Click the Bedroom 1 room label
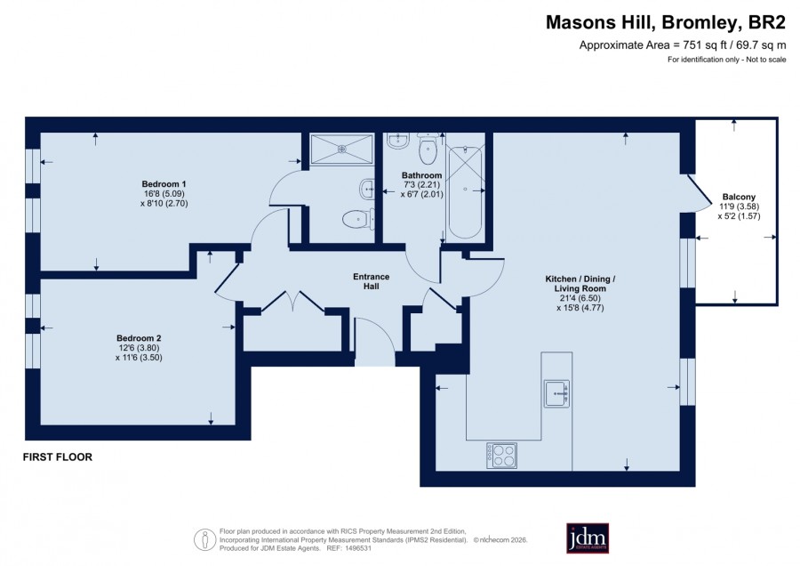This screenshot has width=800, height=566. tap(164, 184)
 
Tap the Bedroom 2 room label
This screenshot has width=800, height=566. tap(139, 338)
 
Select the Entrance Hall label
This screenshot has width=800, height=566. tap(371, 281)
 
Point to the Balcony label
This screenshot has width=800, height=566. tap(739, 197)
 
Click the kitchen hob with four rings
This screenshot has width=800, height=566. tap(501, 456)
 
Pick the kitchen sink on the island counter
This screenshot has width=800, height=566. tap(556, 393)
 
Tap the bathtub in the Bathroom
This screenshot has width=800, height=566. tap(465, 192)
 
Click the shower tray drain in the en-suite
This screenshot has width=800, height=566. tap(342, 149)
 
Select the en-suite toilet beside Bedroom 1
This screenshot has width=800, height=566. tap(357, 220)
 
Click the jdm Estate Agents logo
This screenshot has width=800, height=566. tap(588, 538)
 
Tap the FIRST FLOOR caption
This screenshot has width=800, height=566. tap(58, 457)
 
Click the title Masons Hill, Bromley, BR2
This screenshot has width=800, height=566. tap(666, 22)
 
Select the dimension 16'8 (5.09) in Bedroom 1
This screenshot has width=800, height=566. tap(164, 194)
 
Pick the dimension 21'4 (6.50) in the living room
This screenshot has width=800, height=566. tap(580, 298)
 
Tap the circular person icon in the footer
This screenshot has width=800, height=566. tap(204, 539)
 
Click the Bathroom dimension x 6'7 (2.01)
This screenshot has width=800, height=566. tap(422, 194)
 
